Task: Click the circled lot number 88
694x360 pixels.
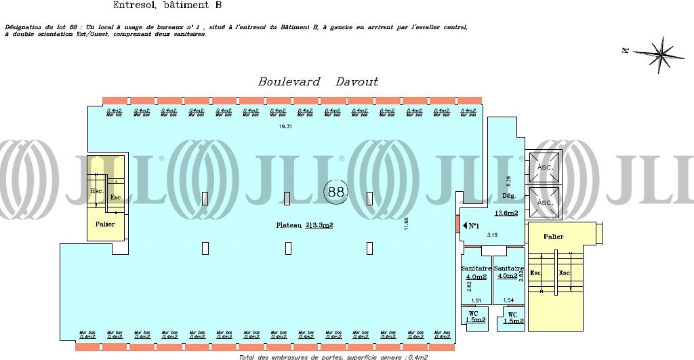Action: click(x=335, y=192)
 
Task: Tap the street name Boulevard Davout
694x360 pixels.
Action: click(x=318, y=82)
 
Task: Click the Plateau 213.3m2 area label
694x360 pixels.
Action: click(x=304, y=225)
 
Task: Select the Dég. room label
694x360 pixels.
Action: click(x=510, y=196)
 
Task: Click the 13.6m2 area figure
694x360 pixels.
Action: click(x=506, y=214)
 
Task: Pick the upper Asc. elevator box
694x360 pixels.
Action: click(x=545, y=166)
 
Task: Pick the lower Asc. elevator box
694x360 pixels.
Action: click(x=545, y=202)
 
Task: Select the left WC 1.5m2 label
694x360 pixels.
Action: click(x=475, y=317)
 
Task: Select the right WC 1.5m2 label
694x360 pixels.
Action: click(x=513, y=318)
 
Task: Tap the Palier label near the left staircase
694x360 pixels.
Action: click(x=105, y=224)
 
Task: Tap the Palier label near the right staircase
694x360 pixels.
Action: click(x=554, y=237)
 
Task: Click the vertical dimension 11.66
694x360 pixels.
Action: click(x=406, y=223)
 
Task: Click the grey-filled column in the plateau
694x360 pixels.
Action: click(x=287, y=198)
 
